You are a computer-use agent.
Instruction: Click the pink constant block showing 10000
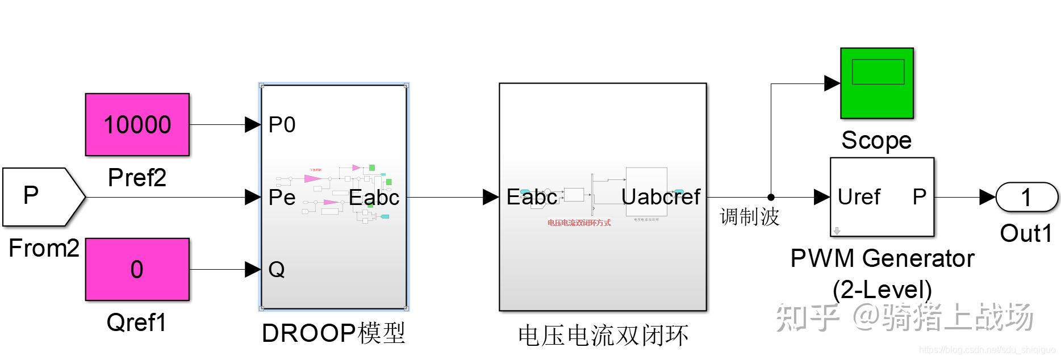pyautogui.click(x=137, y=124)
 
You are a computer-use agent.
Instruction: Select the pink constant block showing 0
pyautogui.click(x=137, y=269)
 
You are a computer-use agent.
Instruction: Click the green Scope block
pyautogui.click(x=876, y=83)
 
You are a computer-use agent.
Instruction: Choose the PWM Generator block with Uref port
pyautogui.click(x=882, y=196)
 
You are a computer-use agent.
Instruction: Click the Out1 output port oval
pyautogui.click(x=1026, y=197)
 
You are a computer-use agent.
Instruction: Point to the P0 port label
pyautogui.click(x=282, y=124)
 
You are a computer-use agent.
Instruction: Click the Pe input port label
pyautogui.click(x=282, y=198)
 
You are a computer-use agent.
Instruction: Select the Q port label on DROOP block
pyautogui.click(x=276, y=269)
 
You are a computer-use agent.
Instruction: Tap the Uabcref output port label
pyautogui.click(x=661, y=197)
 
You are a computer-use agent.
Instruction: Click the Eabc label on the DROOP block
pyautogui.click(x=374, y=198)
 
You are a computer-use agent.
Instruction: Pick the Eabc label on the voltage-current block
pyautogui.click(x=532, y=197)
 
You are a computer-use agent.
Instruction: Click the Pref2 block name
pyautogui.click(x=137, y=178)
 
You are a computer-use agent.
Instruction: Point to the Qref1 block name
pyautogui.click(x=136, y=323)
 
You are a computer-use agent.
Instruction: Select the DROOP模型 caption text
pyautogui.click(x=333, y=333)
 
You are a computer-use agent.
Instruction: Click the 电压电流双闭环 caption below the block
pyautogui.click(x=603, y=336)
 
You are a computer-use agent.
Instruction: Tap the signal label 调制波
pyautogui.click(x=749, y=217)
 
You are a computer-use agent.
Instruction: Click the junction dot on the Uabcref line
pyautogui.click(x=771, y=197)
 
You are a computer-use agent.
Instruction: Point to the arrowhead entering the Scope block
pyautogui.click(x=832, y=83)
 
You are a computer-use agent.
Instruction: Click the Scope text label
pyautogui.click(x=876, y=140)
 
